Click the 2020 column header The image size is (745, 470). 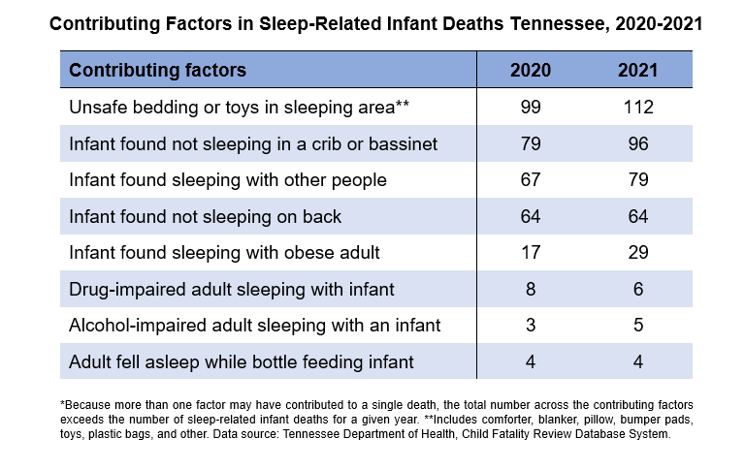531,71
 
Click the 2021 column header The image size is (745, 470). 638,71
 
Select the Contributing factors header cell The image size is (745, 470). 158,71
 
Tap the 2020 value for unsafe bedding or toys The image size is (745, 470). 531,108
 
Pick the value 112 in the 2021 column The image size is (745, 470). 638,108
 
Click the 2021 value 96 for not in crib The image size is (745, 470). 638,143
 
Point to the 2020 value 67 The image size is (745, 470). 531,180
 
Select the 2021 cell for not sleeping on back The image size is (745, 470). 638,216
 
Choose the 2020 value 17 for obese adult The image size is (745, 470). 531,253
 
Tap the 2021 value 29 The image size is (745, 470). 638,253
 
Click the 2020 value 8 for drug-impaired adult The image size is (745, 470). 531,289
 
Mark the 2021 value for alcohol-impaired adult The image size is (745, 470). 638,326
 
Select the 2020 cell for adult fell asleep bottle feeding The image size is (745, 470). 531,361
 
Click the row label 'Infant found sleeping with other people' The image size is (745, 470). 228,180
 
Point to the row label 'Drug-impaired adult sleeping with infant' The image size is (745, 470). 232,289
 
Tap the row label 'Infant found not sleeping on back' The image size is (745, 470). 206,216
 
